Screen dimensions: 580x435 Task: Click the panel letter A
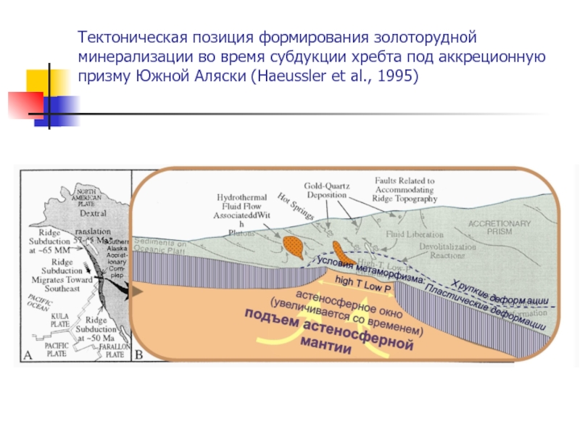pos(28,355)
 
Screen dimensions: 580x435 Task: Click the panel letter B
pos(138,355)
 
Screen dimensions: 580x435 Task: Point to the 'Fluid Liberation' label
pos(414,234)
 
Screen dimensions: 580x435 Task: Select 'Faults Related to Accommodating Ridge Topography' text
pos(405,189)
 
